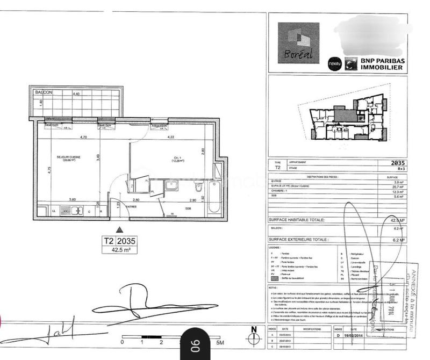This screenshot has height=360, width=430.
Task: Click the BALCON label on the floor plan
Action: [x=44, y=92]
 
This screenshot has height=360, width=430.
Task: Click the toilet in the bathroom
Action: [x=198, y=189]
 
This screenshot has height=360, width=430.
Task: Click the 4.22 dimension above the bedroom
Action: [x=171, y=137]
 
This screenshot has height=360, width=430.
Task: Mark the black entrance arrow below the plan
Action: [x=119, y=229]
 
